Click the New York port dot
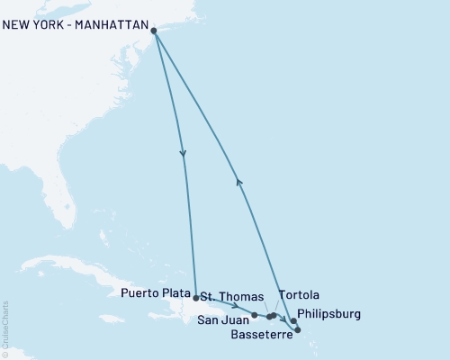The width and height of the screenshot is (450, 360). (154, 31)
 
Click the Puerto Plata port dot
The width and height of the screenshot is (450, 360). (195, 296)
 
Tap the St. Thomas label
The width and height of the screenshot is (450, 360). (231, 296)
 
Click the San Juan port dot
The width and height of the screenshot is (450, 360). (255, 315)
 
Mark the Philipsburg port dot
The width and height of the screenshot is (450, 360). (293, 321)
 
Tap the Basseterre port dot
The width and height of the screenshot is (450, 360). (298, 330)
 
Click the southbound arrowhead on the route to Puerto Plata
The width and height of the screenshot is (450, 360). (184, 154)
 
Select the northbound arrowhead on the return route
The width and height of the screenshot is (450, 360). (238, 180)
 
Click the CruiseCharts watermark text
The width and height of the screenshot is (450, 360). (5, 329)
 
